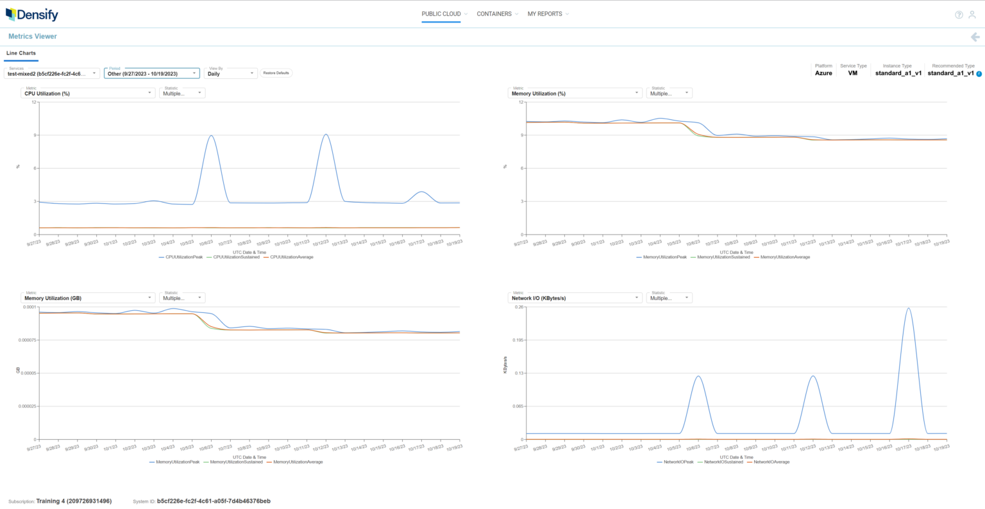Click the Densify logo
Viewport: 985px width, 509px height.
(32, 14)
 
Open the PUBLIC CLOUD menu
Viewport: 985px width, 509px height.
(441, 14)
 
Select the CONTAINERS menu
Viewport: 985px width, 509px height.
(494, 14)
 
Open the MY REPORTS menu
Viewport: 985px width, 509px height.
(545, 14)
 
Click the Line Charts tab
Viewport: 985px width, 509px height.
(21, 53)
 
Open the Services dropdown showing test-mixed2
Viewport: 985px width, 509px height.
(52, 73)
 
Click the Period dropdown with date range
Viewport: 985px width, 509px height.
(152, 73)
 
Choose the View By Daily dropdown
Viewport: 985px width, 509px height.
(231, 73)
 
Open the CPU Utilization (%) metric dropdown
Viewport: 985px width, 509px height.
(88, 93)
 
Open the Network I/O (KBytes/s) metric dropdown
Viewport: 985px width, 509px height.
(575, 297)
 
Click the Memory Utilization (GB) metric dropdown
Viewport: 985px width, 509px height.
(88, 297)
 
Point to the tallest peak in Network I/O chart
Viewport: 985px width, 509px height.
(908, 308)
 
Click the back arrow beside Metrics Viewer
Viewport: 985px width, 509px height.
(975, 37)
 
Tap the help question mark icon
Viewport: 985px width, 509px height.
(959, 15)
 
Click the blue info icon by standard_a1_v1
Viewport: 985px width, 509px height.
(979, 74)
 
